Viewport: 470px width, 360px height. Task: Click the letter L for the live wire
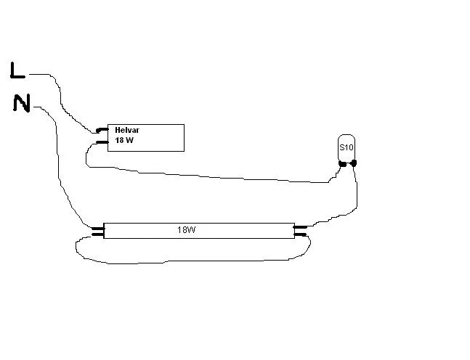click(x=17, y=70)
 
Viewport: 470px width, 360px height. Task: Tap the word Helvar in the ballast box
click(x=126, y=130)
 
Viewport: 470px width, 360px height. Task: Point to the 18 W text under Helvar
click(x=124, y=140)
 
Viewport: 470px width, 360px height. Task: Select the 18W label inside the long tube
click(x=187, y=230)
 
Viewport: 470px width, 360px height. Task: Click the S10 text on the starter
click(x=347, y=148)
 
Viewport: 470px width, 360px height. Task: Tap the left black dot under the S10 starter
click(x=341, y=163)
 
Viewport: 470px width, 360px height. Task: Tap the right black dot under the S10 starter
click(x=354, y=163)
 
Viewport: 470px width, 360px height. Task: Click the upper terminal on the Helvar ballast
click(x=102, y=131)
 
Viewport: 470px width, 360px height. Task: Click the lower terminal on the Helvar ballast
click(x=102, y=142)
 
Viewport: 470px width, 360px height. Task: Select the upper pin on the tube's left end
click(x=97, y=228)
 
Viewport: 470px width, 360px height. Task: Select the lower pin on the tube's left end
click(x=97, y=234)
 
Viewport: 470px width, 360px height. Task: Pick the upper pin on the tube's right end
click(x=299, y=227)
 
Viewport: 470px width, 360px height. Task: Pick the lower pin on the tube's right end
click(x=299, y=234)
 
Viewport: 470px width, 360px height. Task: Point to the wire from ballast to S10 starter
click(x=218, y=176)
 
